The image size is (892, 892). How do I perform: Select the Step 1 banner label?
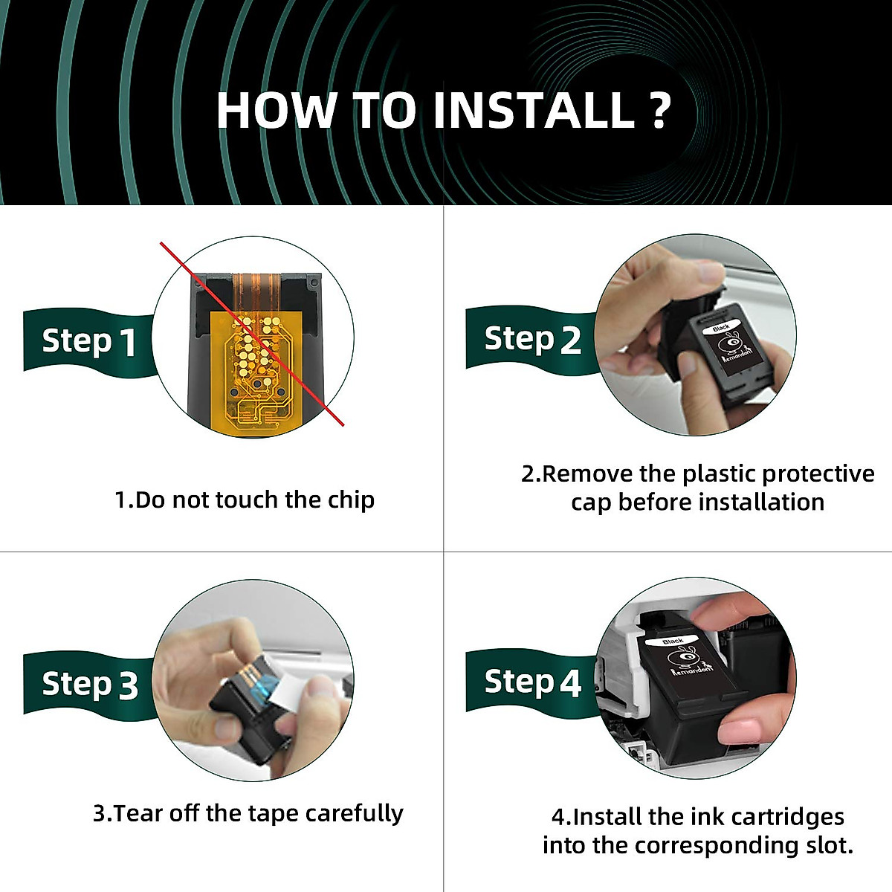[x=89, y=342]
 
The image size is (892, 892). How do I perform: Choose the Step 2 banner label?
[x=532, y=339]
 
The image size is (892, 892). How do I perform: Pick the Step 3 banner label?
[x=90, y=684]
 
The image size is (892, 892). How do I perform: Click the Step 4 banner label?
[x=532, y=682]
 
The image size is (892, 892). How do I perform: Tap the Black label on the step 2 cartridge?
[x=722, y=328]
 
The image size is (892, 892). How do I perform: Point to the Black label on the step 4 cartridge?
[x=673, y=641]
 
